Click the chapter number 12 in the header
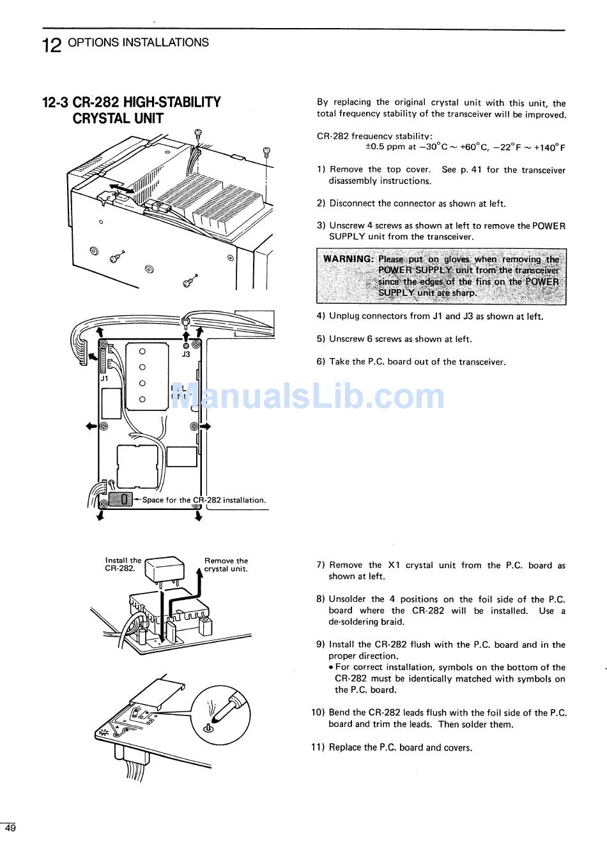pos(52,45)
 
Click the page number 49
pos(10,828)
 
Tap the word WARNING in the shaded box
pos(348,259)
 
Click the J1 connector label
pos(105,378)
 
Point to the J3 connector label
pos(186,354)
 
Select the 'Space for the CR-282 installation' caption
pos(203,500)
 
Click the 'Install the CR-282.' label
pos(123,565)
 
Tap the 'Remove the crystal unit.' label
pos(226,565)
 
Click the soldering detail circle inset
pos(220,714)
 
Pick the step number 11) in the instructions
pos(318,747)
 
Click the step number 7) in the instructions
pos(321,565)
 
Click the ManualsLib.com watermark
pos(307,397)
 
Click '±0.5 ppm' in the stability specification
pos(385,147)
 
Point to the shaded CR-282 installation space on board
pos(120,499)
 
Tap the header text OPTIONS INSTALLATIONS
pos(138,43)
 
